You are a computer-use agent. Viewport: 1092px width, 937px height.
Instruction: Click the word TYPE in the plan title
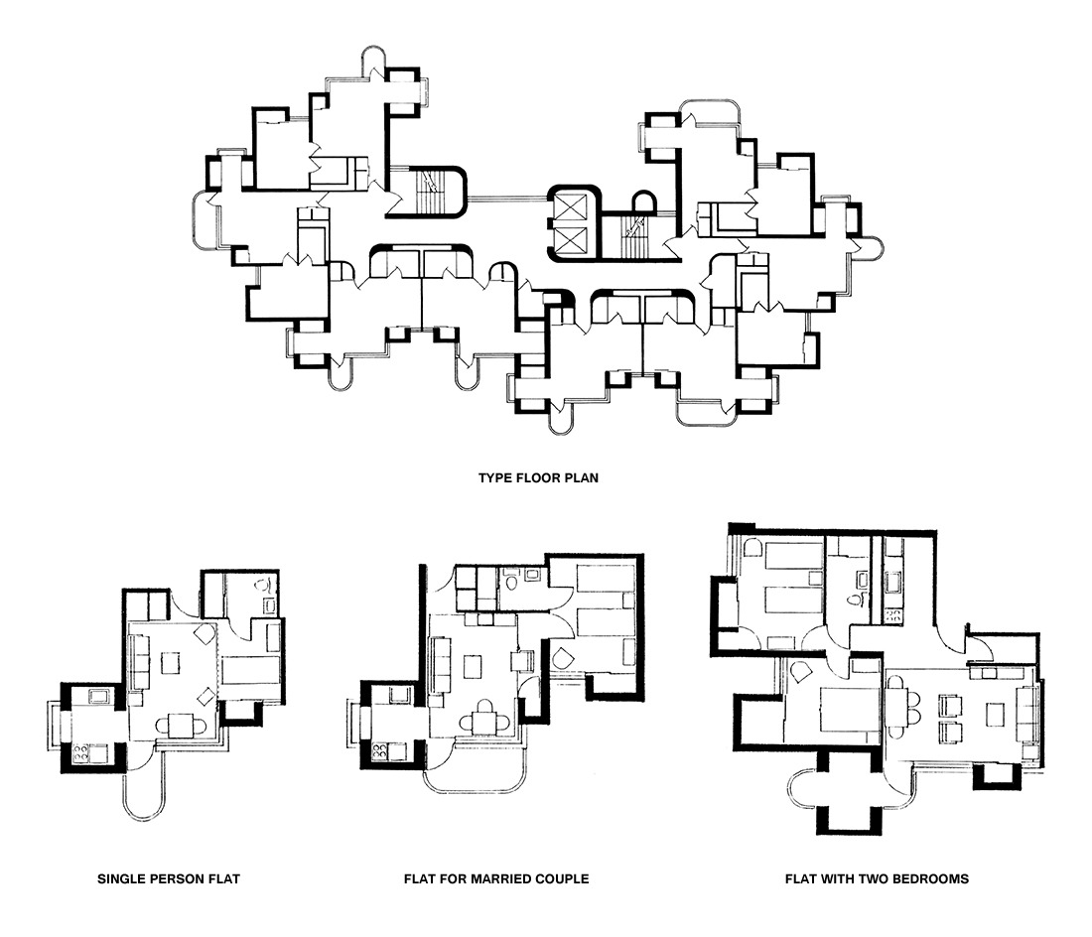click(494, 478)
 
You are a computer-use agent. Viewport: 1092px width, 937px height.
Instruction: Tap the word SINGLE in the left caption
click(118, 879)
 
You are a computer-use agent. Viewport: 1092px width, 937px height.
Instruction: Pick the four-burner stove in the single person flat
click(81, 751)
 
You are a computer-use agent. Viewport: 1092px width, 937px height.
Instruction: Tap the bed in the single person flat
click(251, 670)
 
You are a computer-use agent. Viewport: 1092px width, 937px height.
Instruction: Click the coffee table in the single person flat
click(170, 662)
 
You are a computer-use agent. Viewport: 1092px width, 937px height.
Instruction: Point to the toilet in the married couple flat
click(512, 581)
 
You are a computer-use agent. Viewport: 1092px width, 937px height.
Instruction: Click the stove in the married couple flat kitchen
click(380, 751)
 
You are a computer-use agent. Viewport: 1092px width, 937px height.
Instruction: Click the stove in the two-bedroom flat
click(892, 615)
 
